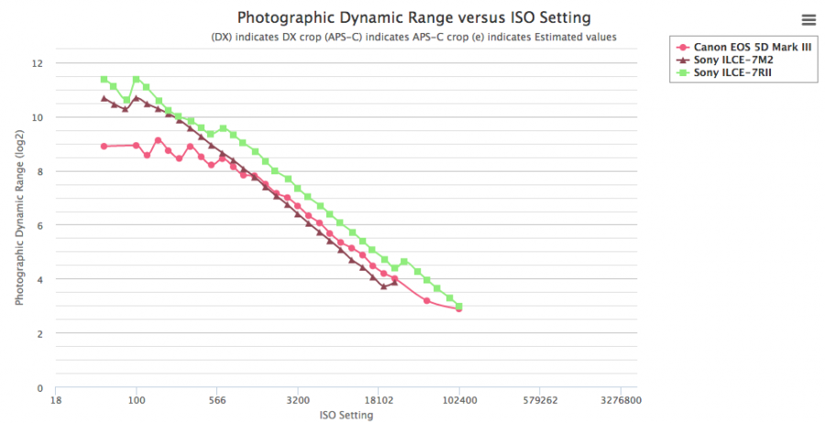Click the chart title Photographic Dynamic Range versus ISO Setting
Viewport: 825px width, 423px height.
(x=413, y=17)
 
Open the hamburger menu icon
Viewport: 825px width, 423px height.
(x=808, y=19)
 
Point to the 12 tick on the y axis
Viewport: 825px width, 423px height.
(x=38, y=63)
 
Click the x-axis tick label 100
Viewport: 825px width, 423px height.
(x=137, y=400)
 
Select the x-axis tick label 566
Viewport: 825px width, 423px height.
(x=217, y=400)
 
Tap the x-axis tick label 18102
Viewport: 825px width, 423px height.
(x=379, y=400)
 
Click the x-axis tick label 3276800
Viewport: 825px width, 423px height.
(x=621, y=400)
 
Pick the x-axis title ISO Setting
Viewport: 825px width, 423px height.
(x=346, y=415)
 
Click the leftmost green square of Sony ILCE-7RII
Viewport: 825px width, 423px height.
(x=104, y=79)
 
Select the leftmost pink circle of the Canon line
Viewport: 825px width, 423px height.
(x=104, y=146)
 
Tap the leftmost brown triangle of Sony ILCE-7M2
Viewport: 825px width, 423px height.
(x=104, y=98)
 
